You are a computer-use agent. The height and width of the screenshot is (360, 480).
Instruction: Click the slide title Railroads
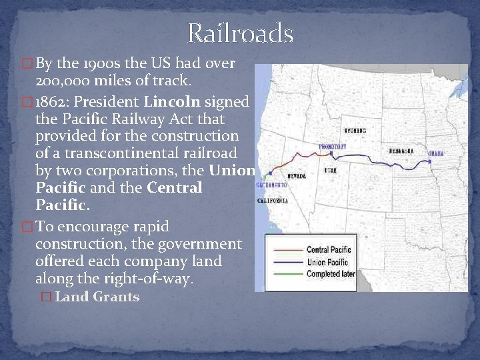coord(240,33)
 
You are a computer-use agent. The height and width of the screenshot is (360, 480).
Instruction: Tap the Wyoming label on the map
coord(354,129)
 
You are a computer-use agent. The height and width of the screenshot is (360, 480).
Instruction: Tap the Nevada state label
coord(297,176)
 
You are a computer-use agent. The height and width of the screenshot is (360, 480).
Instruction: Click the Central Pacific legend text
coord(328,249)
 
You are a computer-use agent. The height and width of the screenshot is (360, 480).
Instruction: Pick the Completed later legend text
coord(330,273)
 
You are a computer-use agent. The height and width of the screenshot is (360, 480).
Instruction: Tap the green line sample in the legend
coord(285,273)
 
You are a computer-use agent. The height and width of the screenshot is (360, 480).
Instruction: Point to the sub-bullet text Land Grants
coord(97,297)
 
